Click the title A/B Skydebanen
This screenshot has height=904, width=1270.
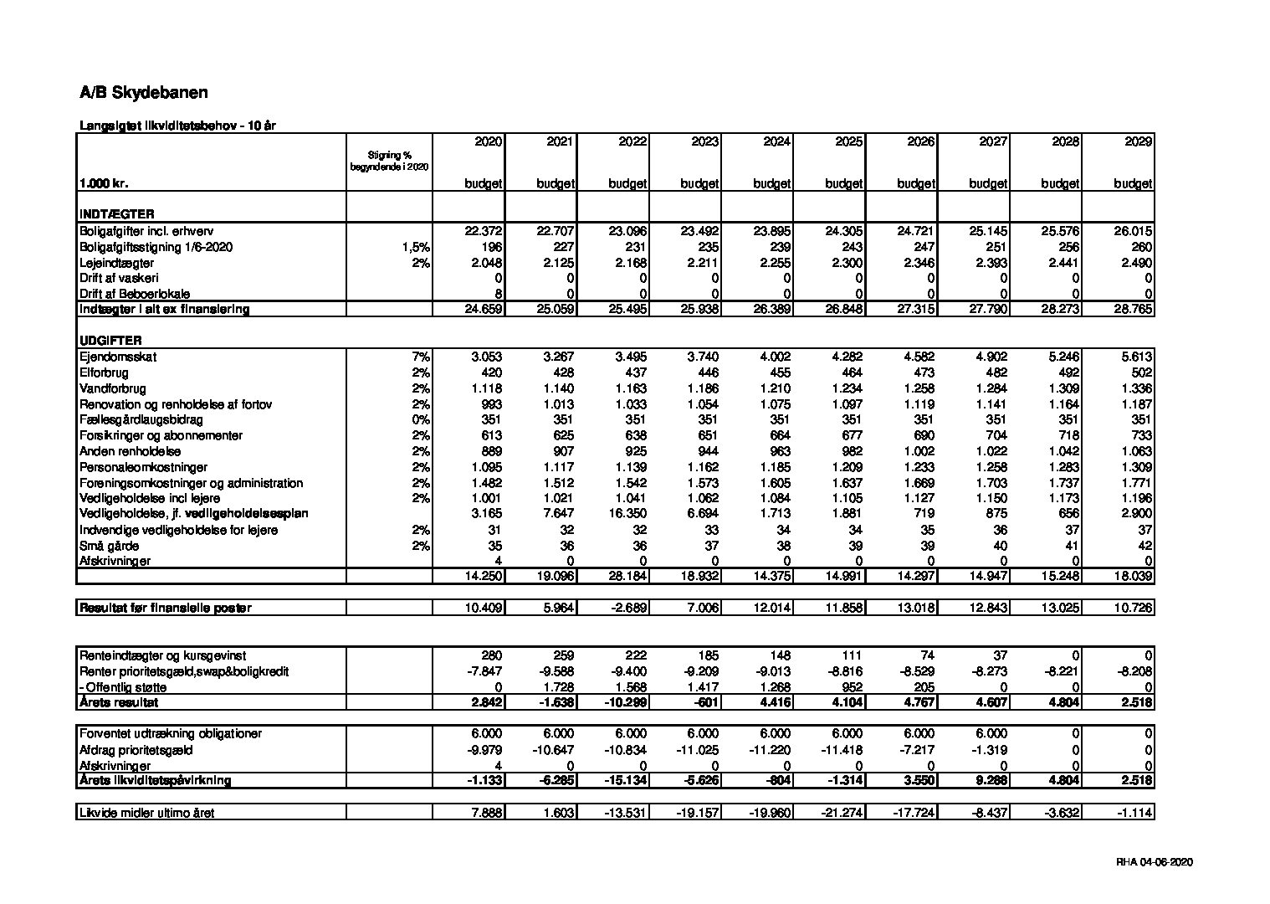144,93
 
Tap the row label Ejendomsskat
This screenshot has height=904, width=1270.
118,357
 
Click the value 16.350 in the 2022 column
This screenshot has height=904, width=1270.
628,514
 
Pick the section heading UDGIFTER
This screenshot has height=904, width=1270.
110,341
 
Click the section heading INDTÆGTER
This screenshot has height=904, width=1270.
117,214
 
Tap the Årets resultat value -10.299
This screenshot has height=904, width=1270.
627,703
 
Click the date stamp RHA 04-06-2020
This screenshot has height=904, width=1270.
1154,862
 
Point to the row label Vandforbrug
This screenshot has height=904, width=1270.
113,388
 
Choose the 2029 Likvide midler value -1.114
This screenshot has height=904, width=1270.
1134,813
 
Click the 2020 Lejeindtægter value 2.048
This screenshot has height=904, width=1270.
485,263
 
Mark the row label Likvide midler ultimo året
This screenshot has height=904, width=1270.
147,813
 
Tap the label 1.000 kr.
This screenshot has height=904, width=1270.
104,183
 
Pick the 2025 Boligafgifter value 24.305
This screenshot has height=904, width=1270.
846,231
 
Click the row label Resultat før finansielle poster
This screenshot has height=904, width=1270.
165,608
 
